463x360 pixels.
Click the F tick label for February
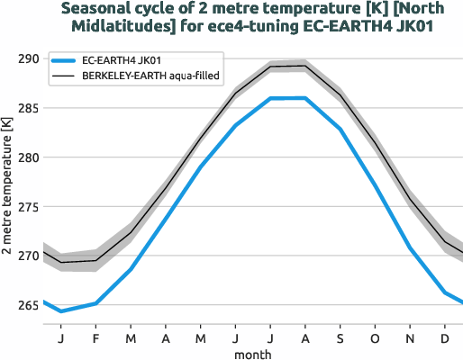click(95, 337)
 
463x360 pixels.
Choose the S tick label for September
click(340, 337)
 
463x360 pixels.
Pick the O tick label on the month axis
click(376, 337)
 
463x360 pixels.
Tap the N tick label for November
click(410, 337)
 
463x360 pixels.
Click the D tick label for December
click(445, 337)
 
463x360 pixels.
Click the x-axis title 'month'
click(253, 354)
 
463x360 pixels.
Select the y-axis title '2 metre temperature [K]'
click(8, 190)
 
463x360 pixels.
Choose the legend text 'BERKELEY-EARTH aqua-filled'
click(152, 77)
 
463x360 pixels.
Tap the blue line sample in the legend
click(65, 61)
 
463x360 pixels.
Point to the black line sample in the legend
click(65, 77)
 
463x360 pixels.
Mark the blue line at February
click(95, 303)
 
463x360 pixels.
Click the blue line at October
click(376, 184)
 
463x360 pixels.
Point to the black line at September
click(340, 95)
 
